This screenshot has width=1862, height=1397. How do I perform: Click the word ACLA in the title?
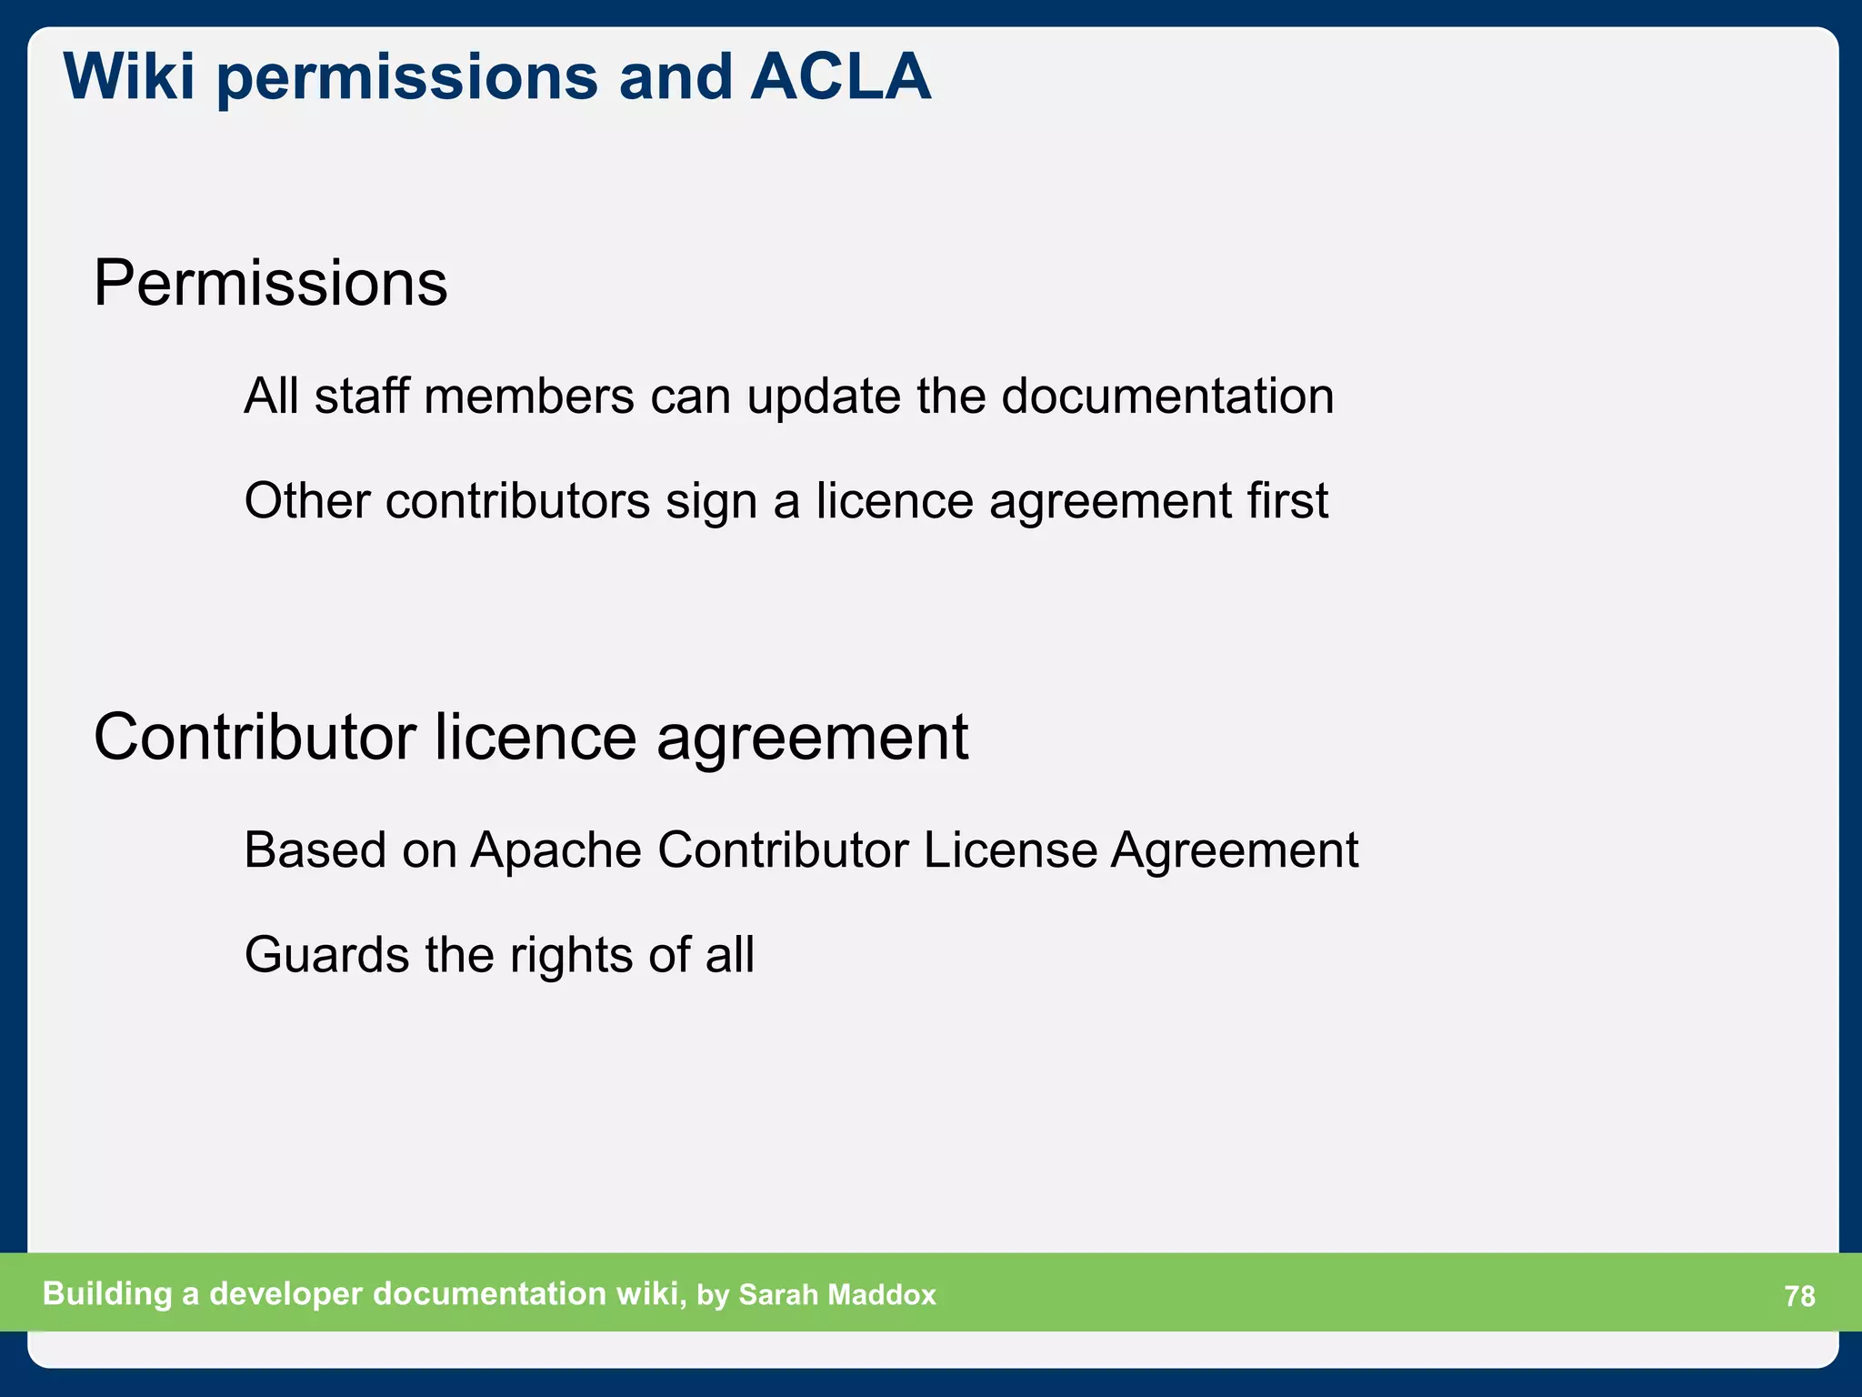coord(841,76)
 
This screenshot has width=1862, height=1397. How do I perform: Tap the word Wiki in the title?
coord(129,76)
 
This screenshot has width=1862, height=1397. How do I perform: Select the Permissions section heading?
coord(270,284)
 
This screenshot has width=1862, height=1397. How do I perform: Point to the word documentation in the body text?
coord(1167,397)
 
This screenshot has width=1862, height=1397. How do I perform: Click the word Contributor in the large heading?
coord(255,737)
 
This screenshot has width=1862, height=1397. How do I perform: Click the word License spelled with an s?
coord(1010,851)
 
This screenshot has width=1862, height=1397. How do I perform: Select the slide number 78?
coord(1799,1296)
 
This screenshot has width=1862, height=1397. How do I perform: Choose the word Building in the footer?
coord(107,1294)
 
